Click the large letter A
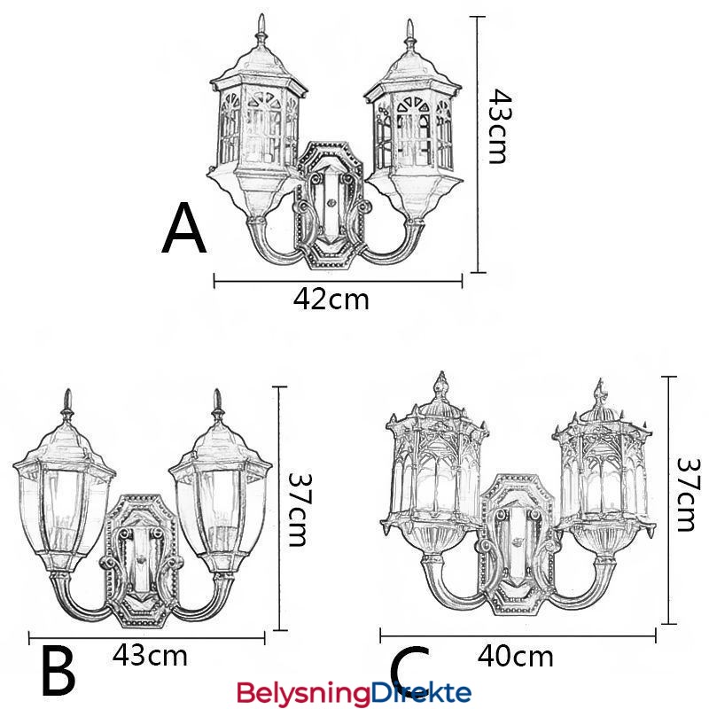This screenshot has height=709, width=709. pyautogui.click(x=184, y=229)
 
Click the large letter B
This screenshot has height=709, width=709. pyautogui.click(x=58, y=670)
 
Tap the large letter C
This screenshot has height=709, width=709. pyautogui.click(x=409, y=670)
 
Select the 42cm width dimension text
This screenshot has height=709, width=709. pyautogui.click(x=331, y=300)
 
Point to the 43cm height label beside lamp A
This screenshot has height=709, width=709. pyautogui.click(x=501, y=126)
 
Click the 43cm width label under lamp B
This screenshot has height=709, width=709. pyautogui.click(x=150, y=655)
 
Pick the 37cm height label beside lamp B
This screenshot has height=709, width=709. pyautogui.click(x=300, y=510)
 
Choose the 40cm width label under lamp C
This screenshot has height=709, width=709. pyautogui.click(x=515, y=656)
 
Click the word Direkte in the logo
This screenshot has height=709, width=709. pyautogui.click(x=420, y=692)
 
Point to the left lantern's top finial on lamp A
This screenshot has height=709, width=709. pyautogui.click(x=261, y=32)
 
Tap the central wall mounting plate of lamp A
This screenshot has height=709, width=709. pyautogui.click(x=330, y=205)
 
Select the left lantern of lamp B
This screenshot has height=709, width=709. pyautogui.click(x=65, y=484)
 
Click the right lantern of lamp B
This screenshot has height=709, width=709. pyautogui.click(x=221, y=484)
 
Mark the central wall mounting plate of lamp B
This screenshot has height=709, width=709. pyautogui.click(x=142, y=561)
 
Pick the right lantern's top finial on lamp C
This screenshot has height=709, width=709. pyautogui.click(x=602, y=394)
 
